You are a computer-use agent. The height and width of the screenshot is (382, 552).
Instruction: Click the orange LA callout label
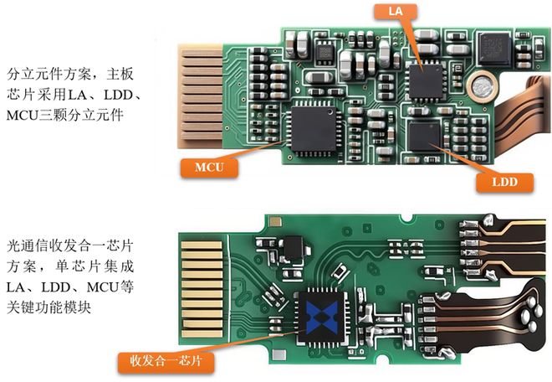[396, 11]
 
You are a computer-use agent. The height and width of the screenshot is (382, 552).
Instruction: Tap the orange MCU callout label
[209, 168]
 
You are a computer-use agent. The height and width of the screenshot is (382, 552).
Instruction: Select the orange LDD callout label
[504, 182]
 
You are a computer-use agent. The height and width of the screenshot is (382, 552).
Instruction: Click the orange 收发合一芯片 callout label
[166, 361]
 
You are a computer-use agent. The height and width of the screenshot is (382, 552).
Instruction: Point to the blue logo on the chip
[322, 317]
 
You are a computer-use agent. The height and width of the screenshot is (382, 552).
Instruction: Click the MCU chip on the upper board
[314, 129]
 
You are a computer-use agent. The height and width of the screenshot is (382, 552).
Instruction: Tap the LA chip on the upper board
[426, 82]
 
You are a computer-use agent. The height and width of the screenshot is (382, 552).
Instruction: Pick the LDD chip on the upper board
[425, 136]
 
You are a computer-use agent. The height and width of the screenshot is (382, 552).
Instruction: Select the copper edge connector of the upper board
[200, 96]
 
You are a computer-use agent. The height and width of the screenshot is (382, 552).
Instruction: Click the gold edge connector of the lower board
[202, 289]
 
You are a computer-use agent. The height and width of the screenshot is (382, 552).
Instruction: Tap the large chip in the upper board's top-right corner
[494, 48]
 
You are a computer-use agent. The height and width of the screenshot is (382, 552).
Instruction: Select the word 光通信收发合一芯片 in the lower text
[70, 245]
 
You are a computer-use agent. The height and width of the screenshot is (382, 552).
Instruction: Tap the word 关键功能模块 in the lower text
[49, 307]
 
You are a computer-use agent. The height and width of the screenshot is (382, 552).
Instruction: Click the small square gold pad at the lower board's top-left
[275, 222]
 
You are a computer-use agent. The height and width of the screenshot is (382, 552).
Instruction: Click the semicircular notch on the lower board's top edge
[406, 218]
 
